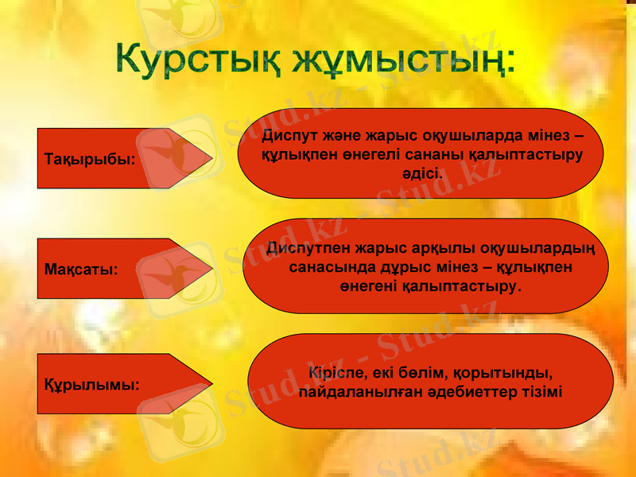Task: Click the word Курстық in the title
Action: pyautogui.click(x=199, y=60)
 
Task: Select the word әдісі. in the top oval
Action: pyautogui.click(x=422, y=173)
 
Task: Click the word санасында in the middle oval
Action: pyautogui.click(x=328, y=266)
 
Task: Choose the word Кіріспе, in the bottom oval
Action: pyautogui.click(x=337, y=372)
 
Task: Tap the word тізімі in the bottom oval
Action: pyautogui.click(x=541, y=392)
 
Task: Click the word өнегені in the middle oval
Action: pyautogui.click(x=369, y=285)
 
